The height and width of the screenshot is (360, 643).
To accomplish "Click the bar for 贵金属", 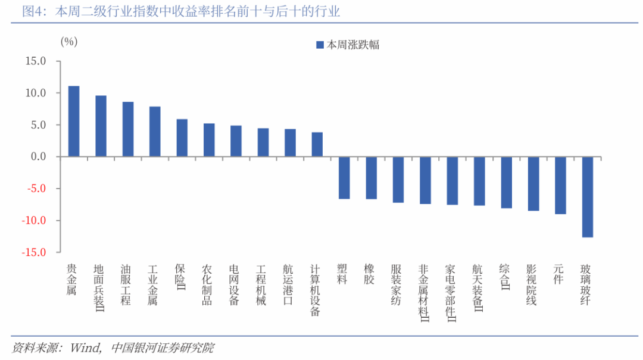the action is click(74, 121).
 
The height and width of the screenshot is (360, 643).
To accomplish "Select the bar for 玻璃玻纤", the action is click(587, 197).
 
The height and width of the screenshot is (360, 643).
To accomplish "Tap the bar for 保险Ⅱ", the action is click(182, 138).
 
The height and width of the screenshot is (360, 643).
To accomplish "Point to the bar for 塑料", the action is click(344, 178).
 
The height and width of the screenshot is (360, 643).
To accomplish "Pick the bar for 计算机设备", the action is click(317, 145).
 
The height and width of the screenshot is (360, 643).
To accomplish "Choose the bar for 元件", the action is click(560, 185).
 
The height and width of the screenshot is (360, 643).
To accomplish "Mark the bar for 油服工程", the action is click(128, 129).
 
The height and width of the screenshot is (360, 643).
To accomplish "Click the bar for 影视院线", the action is click(533, 184).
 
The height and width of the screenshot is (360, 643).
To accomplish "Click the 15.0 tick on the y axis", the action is click(36, 61).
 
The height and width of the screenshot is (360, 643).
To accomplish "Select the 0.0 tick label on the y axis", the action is click(39, 156).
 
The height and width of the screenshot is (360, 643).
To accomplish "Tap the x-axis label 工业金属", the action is click(152, 285).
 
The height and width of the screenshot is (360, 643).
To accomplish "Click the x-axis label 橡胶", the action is click(369, 274).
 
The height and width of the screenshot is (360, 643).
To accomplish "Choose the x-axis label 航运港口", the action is click(288, 285).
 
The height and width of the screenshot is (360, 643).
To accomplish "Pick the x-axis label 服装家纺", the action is click(396, 285).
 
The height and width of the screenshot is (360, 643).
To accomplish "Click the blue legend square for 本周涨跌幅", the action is click(320, 45).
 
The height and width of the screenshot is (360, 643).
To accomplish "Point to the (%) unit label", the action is click(69, 42).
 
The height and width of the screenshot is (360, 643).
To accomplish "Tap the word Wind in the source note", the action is click(85, 348).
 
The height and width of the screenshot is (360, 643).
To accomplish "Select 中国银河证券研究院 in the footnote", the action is click(163, 348).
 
